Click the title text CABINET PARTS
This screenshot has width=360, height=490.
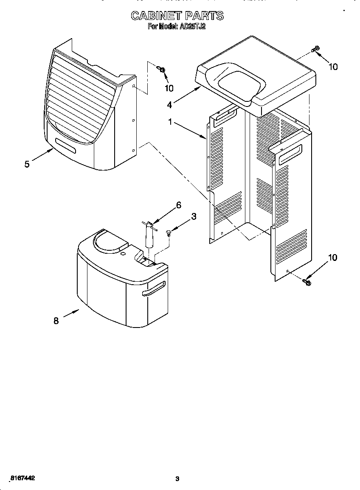177,16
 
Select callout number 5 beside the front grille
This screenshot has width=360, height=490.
27,164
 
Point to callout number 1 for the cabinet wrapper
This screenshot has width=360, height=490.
170,122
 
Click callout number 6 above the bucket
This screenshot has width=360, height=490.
178,205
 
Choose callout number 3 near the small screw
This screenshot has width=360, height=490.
194,216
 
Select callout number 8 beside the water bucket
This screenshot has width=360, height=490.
56,321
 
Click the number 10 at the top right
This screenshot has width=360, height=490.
333,67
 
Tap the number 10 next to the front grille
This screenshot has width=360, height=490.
169,88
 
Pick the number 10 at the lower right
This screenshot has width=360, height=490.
333,258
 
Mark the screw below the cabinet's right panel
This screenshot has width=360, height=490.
307,281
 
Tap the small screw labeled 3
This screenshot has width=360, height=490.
169,232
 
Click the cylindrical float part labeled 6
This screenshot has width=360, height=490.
149,236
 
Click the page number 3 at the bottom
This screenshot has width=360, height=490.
177,479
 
